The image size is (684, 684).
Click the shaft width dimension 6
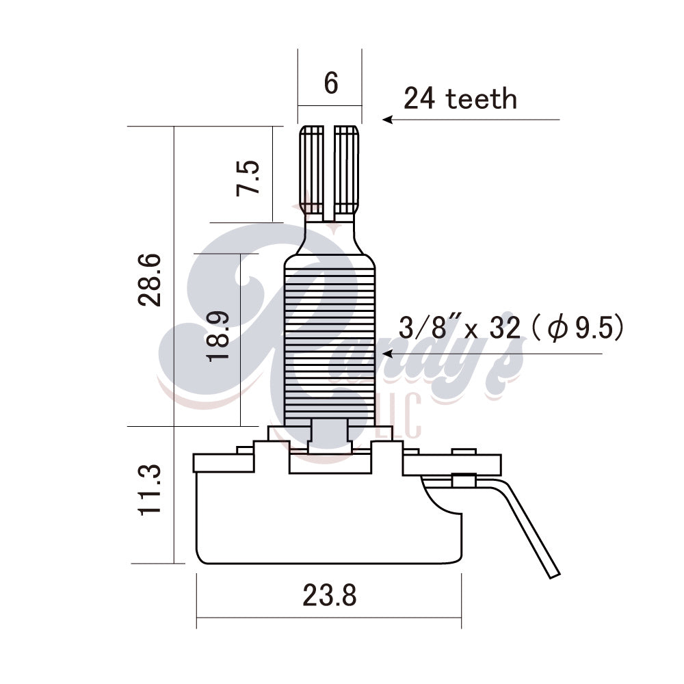tap(330, 83)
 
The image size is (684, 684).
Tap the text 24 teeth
tap(460, 99)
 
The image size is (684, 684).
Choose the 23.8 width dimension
tap(329, 596)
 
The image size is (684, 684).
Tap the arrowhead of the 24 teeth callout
tap(387, 120)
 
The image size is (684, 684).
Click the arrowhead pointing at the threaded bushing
tap(387, 354)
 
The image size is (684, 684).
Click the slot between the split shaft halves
tap(329, 171)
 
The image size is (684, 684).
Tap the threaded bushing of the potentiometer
tap(330, 349)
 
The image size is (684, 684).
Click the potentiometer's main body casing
tap(328, 520)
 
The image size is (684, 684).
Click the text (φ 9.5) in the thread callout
tap(578, 329)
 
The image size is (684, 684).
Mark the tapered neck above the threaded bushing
tap(330, 239)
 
